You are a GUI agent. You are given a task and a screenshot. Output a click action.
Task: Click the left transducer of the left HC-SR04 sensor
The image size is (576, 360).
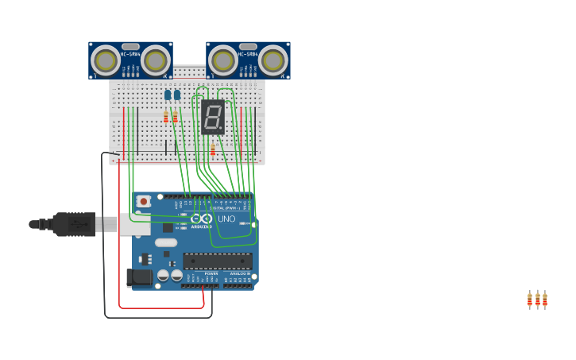(105, 60)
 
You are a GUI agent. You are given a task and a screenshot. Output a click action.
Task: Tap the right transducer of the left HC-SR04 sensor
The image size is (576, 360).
(155, 60)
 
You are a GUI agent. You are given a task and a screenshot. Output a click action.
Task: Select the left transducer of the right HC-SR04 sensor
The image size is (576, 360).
(222, 60)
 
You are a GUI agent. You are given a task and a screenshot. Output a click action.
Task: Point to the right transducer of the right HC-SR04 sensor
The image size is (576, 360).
(273, 60)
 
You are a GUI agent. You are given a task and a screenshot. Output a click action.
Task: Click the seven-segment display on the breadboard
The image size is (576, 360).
(213, 117)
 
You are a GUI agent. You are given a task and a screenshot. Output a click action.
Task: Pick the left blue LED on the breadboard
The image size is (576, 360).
(168, 95)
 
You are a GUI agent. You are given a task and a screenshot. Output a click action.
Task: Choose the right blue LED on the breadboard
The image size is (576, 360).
(176, 95)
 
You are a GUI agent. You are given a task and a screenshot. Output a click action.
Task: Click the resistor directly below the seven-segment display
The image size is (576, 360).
(213, 149)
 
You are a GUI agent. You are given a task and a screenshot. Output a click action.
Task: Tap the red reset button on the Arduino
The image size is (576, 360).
(143, 201)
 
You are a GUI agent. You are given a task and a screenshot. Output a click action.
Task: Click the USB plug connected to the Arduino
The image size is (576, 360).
(75, 225)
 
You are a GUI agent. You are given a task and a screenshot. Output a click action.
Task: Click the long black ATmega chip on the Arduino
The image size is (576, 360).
(217, 261)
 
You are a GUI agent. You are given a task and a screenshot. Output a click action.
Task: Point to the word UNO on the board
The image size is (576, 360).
(226, 219)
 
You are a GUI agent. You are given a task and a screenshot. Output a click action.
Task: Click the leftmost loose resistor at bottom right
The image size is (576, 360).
(530, 300)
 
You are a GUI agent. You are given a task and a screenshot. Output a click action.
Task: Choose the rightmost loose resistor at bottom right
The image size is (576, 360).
(545, 300)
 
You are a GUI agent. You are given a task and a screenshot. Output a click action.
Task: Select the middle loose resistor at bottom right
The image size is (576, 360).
(537, 300)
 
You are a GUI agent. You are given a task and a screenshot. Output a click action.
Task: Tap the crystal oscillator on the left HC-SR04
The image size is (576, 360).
(130, 46)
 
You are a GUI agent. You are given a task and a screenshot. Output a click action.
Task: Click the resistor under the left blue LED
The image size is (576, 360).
(166, 117)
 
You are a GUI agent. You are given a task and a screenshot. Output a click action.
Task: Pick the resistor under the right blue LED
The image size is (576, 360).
(176, 117)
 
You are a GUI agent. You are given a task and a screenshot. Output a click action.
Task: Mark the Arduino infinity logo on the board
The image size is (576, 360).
(203, 219)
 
